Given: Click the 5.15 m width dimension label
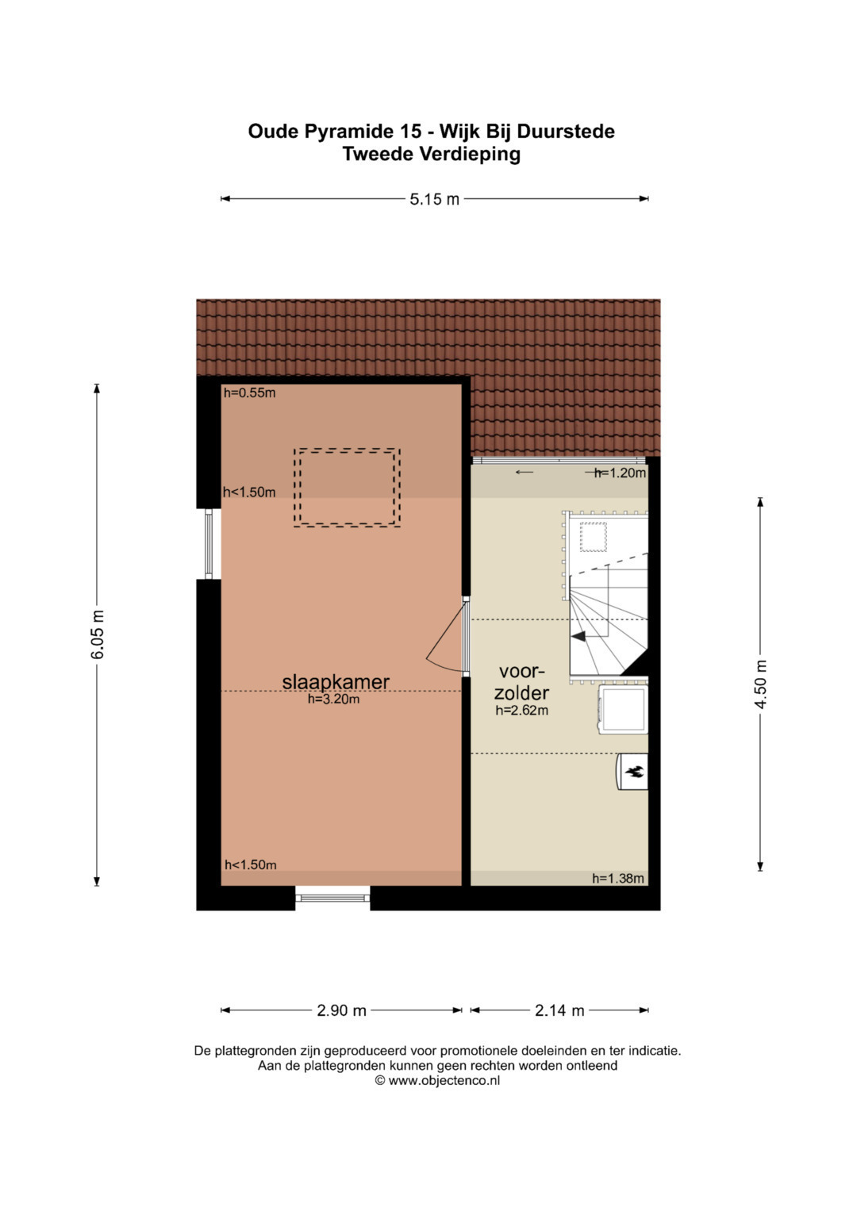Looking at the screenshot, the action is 434,200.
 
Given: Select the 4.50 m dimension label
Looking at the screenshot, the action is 761,684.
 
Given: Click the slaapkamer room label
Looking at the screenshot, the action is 336,682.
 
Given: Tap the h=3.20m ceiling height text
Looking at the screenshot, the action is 334,699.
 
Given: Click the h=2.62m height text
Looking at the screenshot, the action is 521,711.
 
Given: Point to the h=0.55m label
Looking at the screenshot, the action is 250,393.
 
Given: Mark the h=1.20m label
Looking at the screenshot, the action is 620,473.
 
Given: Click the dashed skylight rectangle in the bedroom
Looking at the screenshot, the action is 347,449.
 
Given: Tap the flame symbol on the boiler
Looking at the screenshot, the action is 634,772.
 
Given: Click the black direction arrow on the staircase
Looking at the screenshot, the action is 578,637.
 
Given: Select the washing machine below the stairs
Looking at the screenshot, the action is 623,709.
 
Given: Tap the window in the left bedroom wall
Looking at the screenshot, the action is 209,544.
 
